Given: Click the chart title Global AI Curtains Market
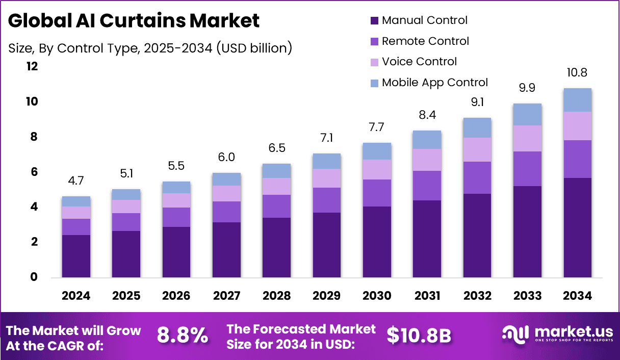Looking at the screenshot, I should (x=134, y=21).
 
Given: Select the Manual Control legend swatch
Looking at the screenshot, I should (x=374, y=21).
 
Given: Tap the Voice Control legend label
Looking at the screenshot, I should (x=419, y=62).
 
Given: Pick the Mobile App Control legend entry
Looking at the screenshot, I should (x=434, y=83).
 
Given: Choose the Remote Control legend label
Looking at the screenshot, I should (x=425, y=41).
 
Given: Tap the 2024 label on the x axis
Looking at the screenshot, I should (x=76, y=296).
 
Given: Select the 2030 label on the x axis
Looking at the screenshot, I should (x=377, y=296).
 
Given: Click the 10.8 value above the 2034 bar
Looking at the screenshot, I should (x=578, y=73).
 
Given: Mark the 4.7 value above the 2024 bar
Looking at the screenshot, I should (x=76, y=181).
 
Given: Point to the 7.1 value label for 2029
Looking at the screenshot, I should (x=327, y=138).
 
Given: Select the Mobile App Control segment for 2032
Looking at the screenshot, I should (x=477, y=127).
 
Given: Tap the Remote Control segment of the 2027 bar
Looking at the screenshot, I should (x=226, y=212).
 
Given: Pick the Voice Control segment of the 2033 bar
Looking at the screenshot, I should (x=527, y=138).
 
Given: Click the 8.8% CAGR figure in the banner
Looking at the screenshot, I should (x=183, y=336).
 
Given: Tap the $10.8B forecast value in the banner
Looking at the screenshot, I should (x=419, y=336).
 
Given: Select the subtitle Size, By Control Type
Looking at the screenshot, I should (x=150, y=48).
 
